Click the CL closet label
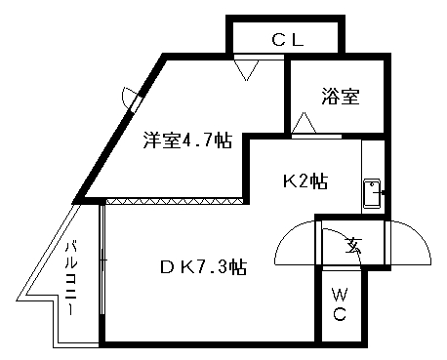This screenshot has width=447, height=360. [x=287, y=40]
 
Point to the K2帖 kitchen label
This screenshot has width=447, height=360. [x=304, y=181]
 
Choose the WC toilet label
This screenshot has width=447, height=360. [x=340, y=303]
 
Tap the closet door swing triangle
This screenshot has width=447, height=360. [x=245, y=68]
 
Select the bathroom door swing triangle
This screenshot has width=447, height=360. [x=305, y=124]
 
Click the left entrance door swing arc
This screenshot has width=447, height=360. [x=296, y=245]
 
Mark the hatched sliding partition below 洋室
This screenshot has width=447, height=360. [x=173, y=201]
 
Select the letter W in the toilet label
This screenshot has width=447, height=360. [x=340, y=294]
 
